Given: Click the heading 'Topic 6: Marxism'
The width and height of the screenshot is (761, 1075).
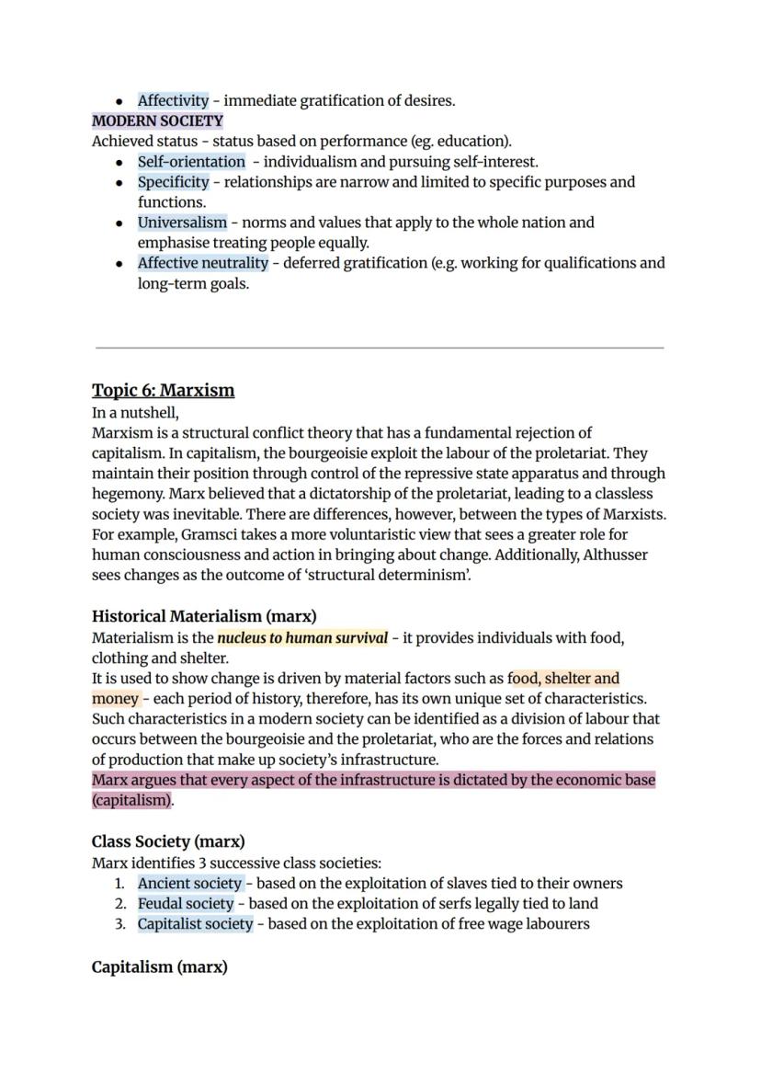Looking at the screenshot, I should point(163,390).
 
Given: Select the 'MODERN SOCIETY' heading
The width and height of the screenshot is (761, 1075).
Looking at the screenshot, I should point(157,120).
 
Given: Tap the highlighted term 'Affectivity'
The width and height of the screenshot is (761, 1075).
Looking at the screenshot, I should point(173,100).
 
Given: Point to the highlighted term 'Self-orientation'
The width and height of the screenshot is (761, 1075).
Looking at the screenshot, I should point(191,161).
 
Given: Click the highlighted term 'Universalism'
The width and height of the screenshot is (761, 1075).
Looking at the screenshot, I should point(182,222).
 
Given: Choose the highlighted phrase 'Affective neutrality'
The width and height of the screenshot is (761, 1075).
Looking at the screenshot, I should point(203,262).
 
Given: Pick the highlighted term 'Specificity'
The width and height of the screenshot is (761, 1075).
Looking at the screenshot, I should point(173,181).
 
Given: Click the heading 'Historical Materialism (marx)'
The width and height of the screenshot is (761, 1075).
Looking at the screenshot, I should point(204,616).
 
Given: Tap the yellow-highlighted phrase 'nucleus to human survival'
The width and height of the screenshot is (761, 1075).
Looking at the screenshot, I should point(302,637).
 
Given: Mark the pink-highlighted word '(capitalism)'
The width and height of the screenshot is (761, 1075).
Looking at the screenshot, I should point(131,800).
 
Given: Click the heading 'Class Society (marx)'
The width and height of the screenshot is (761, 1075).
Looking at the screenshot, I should point(168,841).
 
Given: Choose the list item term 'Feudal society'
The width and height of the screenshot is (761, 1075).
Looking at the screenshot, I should point(186,903).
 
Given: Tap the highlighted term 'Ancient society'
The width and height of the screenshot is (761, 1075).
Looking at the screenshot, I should point(189,883).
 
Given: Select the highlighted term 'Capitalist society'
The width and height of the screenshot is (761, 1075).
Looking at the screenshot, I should point(195,923).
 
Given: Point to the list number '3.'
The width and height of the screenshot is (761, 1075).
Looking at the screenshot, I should point(120,923).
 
